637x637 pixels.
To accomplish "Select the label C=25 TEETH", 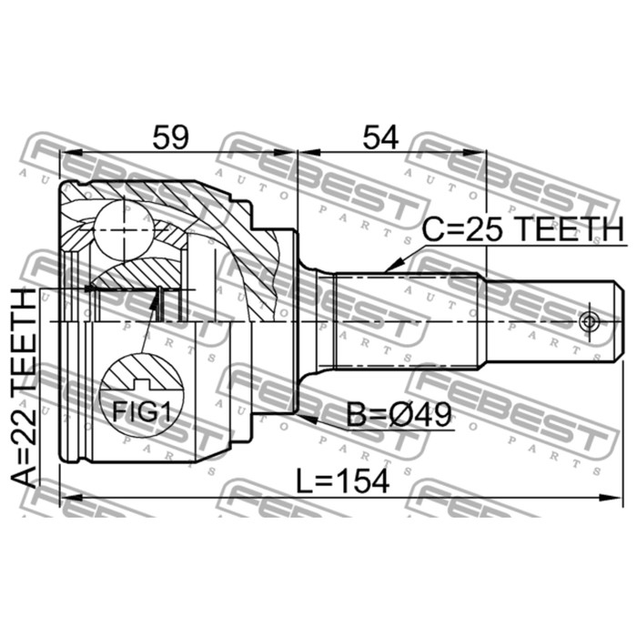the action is (x=522, y=229).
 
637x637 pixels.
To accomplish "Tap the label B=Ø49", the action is (x=399, y=415).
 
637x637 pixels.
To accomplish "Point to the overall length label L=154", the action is (x=342, y=481).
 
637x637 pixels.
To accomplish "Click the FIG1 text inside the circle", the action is (x=141, y=411).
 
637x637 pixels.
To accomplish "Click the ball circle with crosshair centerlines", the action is (x=124, y=230).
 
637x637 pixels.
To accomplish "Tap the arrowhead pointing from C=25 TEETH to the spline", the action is (x=393, y=266).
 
